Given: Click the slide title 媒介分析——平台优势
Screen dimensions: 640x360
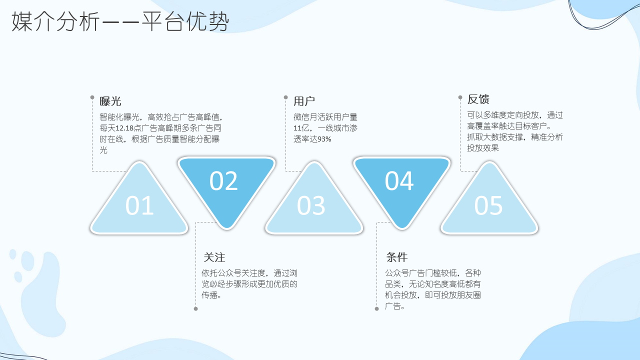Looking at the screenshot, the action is pyautogui.click(x=120, y=21).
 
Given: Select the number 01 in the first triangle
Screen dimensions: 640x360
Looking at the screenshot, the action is pyautogui.click(x=139, y=205).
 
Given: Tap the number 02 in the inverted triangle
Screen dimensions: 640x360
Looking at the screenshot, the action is pyautogui.click(x=223, y=181).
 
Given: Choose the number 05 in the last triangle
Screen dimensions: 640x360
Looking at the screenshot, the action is pyautogui.click(x=488, y=205).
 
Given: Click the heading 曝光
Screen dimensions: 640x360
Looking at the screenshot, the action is pyautogui.click(x=110, y=101).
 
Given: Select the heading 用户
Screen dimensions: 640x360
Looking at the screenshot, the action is pyautogui.click(x=304, y=101).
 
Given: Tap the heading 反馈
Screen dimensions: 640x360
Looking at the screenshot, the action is pyautogui.click(x=478, y=99).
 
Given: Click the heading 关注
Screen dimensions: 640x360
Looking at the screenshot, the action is pyautogui.click(x=214, y=257).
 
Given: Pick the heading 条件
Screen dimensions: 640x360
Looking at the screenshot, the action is pyautogui.click(x=397, y=257).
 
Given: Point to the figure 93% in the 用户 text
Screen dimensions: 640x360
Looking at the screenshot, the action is pyautogui.click(x=324, y=139).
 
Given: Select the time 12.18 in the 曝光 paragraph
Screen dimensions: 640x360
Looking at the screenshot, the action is pyautogui.click(x=124, y=128).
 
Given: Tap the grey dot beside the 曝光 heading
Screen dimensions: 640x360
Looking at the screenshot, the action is pyautogui.click(x=92, y=97).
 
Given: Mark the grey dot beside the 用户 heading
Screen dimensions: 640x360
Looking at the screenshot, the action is pyautogui.click(x=285, y=97).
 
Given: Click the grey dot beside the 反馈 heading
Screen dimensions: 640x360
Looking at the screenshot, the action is pyautogui.click(x=460, y=97).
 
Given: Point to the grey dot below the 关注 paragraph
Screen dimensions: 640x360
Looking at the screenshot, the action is pyautogui.click(x=195, y=309).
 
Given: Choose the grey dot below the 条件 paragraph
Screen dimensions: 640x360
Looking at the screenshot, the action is pyautogui.click(x=377, y=309).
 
